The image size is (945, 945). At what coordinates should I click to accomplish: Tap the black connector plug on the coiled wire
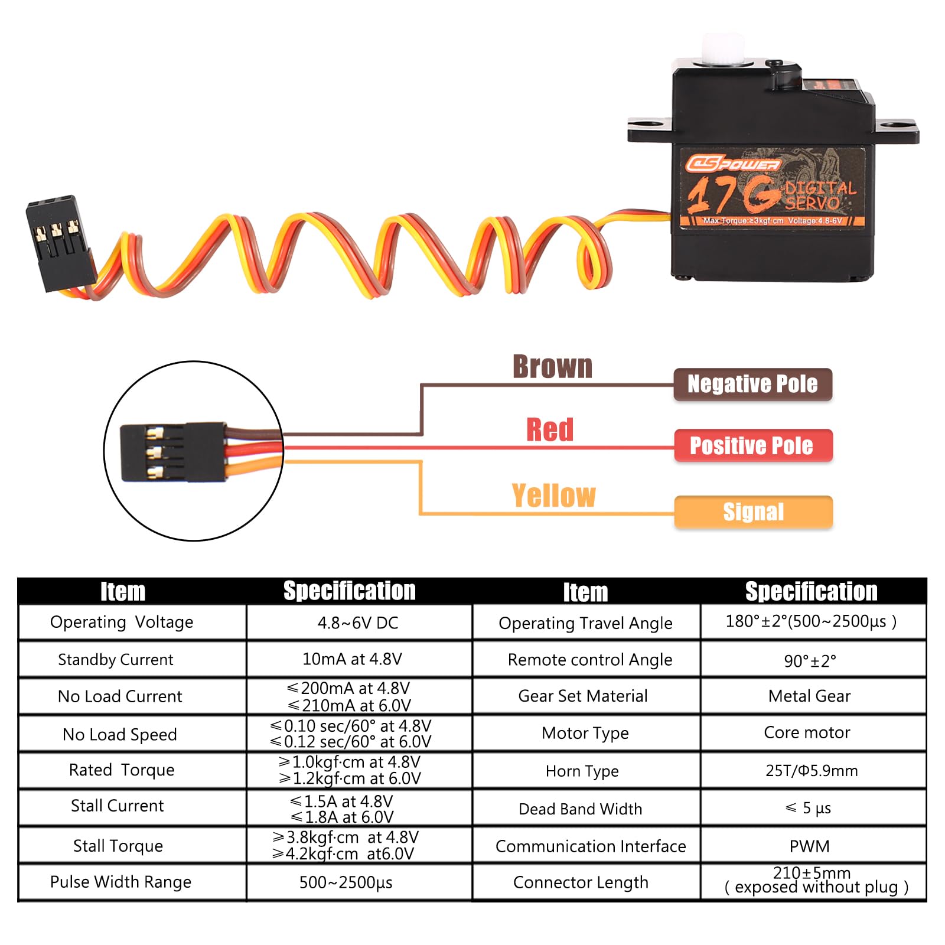click(x=59, y=242)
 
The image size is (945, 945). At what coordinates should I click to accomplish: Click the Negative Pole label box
click(x=752, y=384)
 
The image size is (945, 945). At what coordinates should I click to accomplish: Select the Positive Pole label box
click(x=753, y=445)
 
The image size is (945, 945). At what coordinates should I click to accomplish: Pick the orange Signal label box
click(x=753, y=512)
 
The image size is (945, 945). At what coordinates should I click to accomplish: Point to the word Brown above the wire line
click(x=552, y=367)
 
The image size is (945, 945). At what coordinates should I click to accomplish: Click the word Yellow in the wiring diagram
click(x=553, y=496)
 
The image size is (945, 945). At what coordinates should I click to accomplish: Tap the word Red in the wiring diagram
click(x=550, y=430)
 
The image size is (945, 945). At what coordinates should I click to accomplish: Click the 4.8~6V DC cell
click(x=358, y=623)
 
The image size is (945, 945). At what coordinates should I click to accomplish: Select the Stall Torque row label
click(x=118, y=846)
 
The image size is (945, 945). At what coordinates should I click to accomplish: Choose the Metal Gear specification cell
click(x=809, y=696)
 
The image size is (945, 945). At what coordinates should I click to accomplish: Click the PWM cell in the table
click(x=809, y=846)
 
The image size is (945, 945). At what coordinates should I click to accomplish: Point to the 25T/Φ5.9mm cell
click(x=812, y=771)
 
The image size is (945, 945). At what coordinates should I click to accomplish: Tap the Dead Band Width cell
click(x=580, y=809)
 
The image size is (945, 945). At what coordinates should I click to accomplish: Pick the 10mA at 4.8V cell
click(x=352, y=659)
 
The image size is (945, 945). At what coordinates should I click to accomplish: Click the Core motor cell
click(x=807, y=733)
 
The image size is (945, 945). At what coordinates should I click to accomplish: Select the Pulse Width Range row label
click(x=120, y=882)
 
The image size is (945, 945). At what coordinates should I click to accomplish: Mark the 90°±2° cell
click(x=810, y=661)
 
